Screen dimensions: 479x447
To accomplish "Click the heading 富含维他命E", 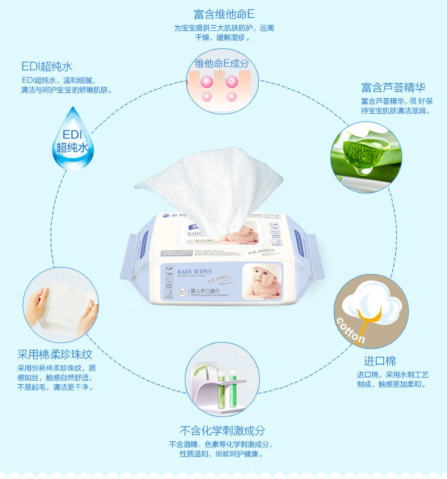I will click(223, 13).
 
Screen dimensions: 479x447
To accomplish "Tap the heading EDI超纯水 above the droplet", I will click(47, 66).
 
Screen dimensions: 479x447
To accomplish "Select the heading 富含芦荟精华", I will click(392, 87).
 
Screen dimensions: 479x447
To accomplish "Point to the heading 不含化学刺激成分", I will click(222, 430).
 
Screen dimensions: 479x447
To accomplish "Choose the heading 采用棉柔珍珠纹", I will click(53, 354).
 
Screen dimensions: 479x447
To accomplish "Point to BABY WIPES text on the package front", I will click(194, 272).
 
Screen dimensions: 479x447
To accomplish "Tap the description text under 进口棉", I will click(392, 380).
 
